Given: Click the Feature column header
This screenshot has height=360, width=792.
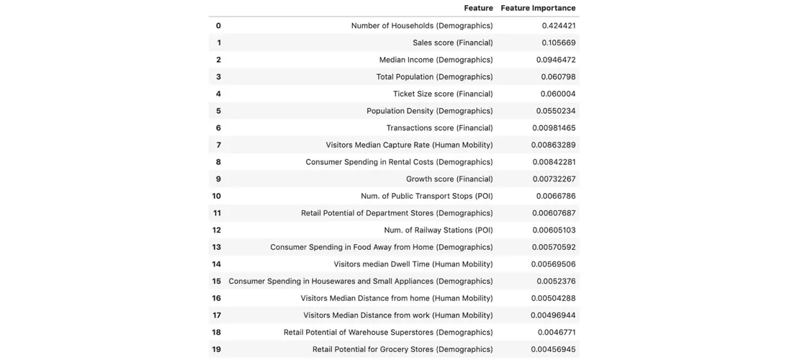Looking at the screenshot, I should tap(478, 8).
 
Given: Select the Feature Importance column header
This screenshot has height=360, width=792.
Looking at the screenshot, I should tap(538, 8).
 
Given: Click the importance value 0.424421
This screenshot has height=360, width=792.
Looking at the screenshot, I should tap(558, 26).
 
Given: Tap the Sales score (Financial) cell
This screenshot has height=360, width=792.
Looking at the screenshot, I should tap(452, 42).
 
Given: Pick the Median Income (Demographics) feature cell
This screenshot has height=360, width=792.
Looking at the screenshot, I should tap(436, 60).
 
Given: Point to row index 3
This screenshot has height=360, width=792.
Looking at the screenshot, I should tap(218, 77).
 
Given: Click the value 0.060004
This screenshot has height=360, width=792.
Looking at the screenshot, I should tap(557, 94).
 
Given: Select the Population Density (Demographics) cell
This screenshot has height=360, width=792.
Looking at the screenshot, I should tap(429, 111).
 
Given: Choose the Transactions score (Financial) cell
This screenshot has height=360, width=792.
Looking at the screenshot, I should tap(439, 128).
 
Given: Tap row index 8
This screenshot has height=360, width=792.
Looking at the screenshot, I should tap(218, 162).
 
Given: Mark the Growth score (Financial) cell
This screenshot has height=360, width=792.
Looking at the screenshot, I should tap(449, 179).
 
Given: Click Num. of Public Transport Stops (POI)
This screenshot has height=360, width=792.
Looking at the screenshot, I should tap(426, 196).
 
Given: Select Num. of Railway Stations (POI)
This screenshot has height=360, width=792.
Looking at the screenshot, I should tap(438, 230).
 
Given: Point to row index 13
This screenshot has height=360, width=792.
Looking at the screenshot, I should tap(217, 247).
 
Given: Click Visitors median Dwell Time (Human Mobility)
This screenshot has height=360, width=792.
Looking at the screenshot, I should tap(413, 264).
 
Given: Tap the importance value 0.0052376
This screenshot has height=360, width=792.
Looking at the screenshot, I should tap(556, 282).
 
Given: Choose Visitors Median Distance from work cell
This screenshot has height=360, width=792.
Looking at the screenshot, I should tap(397, 315).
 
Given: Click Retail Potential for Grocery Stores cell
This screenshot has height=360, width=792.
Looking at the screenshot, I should tap(402, 349).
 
